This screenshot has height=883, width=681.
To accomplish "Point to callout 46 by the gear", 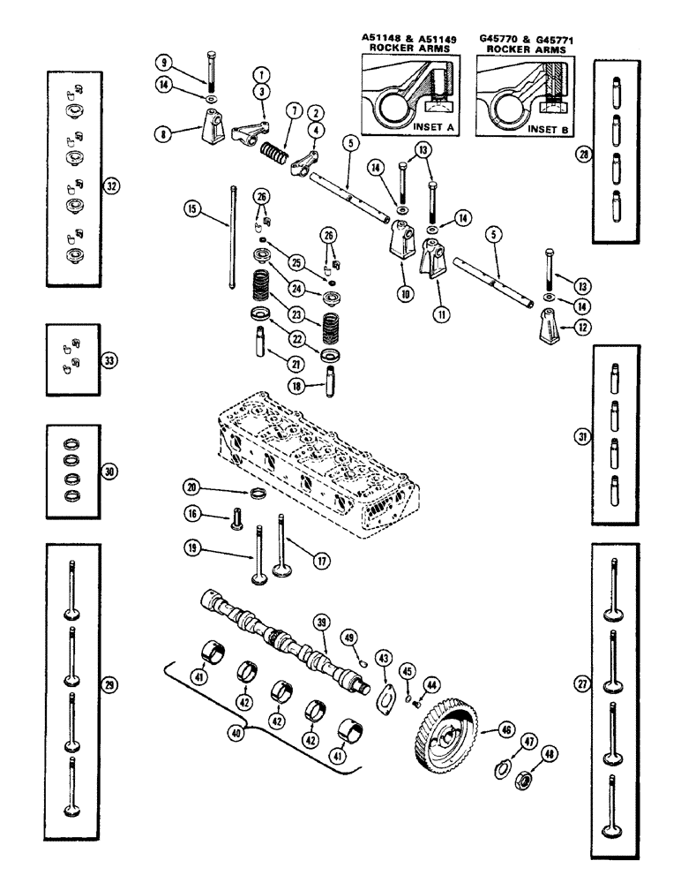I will tap(505, 729).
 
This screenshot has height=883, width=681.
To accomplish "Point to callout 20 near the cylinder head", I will tap(191, 487).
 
